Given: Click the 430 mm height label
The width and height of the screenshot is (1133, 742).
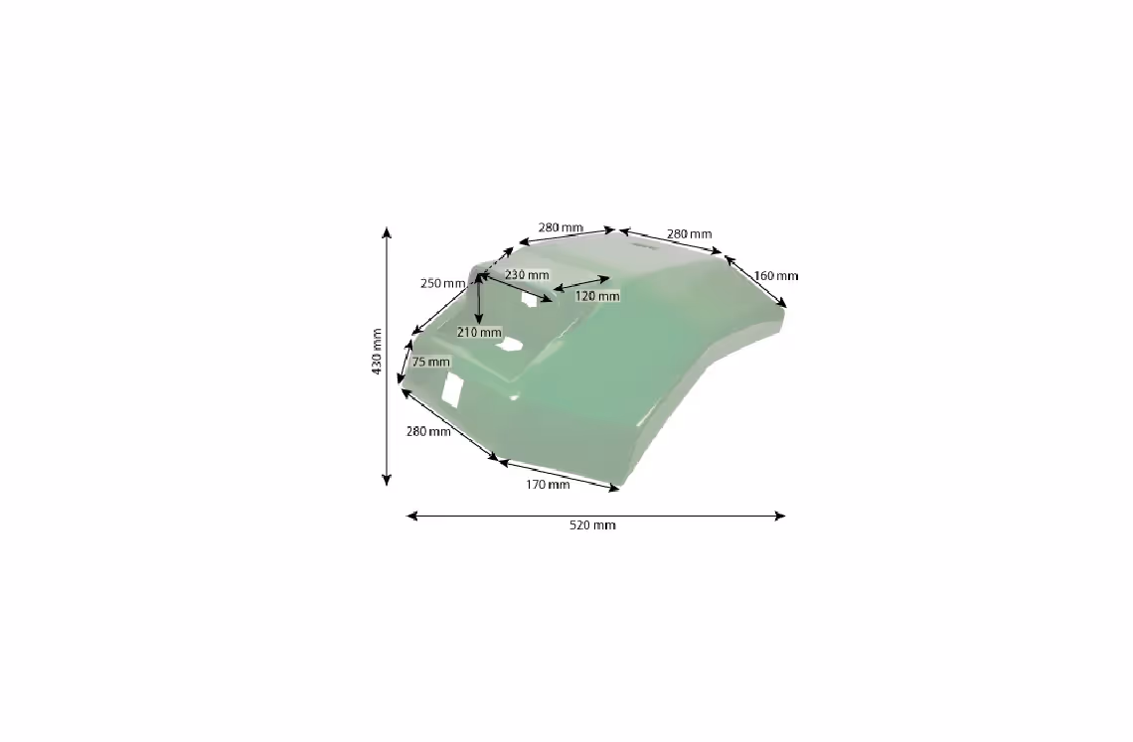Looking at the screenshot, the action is pyautogui.click(x=377, y=352).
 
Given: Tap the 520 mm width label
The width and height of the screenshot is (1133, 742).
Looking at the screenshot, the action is pyautogui.click(x=592, y=525).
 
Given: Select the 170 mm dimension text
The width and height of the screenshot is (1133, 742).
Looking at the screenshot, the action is pyautogui.click(x=547, y=484).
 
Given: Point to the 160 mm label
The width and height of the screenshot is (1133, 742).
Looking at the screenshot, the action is pyautogui.click(x=776, y=276).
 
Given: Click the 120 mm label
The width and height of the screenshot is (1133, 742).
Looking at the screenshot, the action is pyautogui.click(x=597, y=296).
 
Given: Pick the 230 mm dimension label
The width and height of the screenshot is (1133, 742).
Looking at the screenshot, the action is pyautogui.click(x=527, y=275).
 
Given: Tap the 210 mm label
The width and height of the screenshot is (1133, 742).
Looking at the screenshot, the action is pyautogui.click(x=479, y=333).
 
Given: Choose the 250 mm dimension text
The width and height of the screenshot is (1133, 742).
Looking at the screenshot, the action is pyautogui.click(x=443, y=283).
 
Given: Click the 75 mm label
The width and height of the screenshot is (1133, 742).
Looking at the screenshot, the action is pyautogui.click(x=430, y=362).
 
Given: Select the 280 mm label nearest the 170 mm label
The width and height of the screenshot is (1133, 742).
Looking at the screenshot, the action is pyautogui.click(x=428, y=431).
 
